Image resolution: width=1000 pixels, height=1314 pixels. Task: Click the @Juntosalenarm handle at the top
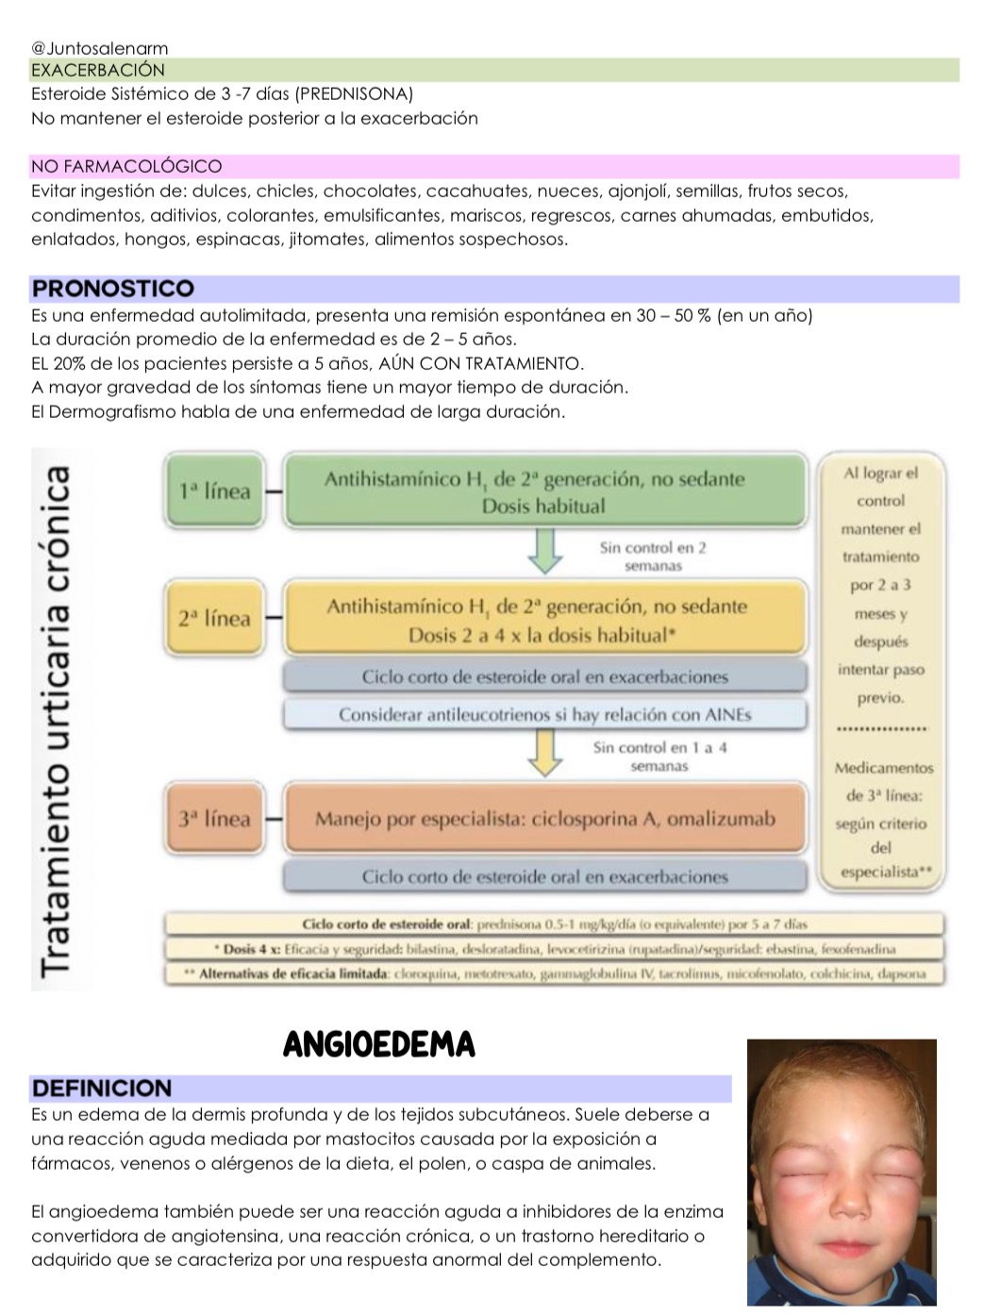coord(99,48)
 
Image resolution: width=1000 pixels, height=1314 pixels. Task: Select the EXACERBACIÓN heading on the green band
coord(97,70)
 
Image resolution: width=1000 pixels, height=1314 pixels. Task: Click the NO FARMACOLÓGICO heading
coord(126,167)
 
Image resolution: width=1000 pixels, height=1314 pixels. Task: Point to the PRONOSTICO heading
coord(112,289)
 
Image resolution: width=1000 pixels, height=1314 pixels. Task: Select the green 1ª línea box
coord(214,491)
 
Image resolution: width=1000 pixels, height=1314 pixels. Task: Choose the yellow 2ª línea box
coord(214,619)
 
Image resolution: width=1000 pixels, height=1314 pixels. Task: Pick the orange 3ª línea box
coord(214,818)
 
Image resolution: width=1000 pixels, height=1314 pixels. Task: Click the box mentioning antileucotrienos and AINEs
coord(544,715)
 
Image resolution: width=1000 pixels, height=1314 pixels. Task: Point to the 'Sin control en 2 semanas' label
coord(653,557)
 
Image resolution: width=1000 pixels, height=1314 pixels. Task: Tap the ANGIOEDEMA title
coord(379,1045)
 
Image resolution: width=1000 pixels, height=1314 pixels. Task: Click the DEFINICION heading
coord(102,1089)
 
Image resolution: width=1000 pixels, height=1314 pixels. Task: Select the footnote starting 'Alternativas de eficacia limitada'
coord(554,973)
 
